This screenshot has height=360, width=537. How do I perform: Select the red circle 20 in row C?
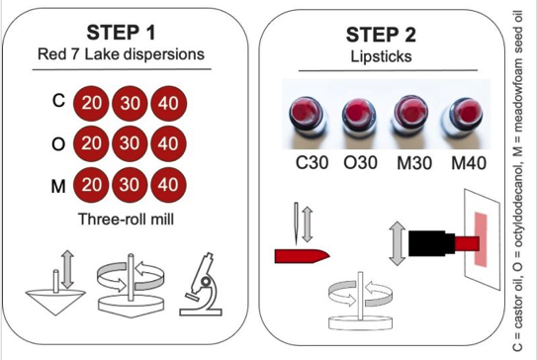click(91, 103)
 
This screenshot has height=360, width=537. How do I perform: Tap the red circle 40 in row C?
click(167, 103)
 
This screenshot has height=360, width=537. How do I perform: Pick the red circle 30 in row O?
click(130, 143)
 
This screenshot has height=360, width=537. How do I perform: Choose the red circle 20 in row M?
click(91, 184)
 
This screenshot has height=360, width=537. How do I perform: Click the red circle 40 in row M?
click(167, 184)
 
